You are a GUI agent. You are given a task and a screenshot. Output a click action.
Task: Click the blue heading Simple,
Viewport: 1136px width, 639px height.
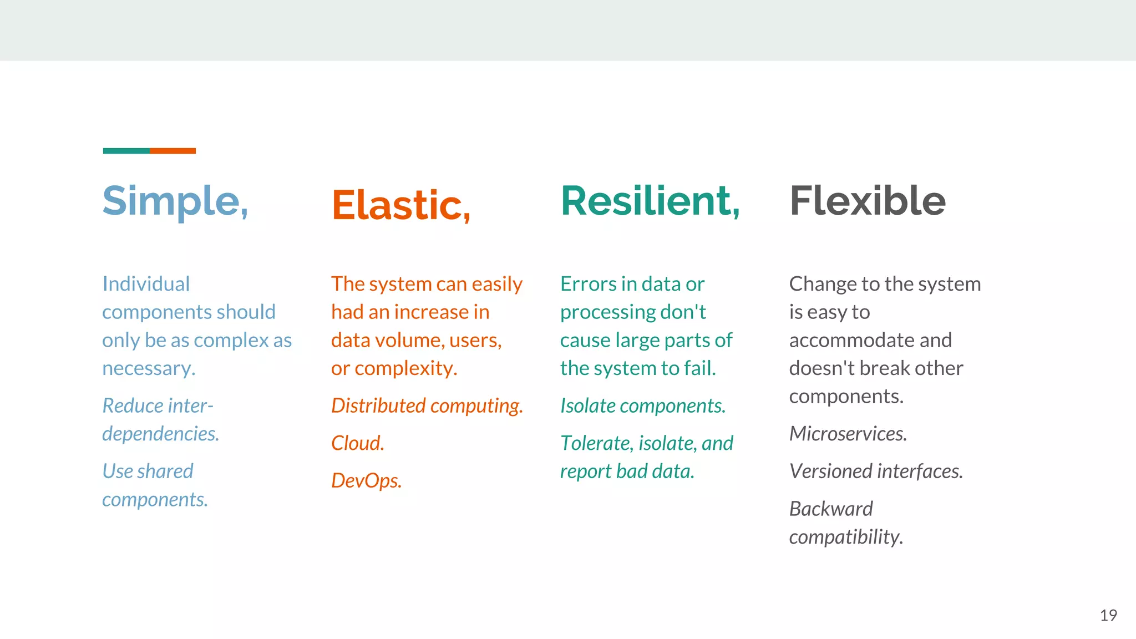[175, 201]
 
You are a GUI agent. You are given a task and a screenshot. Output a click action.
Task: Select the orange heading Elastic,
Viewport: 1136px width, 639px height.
[401, 205]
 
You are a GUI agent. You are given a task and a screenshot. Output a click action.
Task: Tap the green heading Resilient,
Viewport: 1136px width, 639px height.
[650, 201]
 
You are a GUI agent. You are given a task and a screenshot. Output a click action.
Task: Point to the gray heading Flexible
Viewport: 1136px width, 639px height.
[868, 201]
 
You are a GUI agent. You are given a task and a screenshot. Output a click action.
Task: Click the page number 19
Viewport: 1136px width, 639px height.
[1108, 615]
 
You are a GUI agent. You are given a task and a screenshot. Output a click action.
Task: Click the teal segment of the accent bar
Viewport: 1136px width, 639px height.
[126, 151]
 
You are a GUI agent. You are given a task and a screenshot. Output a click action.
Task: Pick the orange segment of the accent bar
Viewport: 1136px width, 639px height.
[173, 151]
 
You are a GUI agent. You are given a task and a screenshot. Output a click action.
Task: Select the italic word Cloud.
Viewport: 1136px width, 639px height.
[357, 443]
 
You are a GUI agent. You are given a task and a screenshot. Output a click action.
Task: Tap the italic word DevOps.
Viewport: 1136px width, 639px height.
[366, 480]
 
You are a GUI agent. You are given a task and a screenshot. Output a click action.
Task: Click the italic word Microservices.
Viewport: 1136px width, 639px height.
[848, 434]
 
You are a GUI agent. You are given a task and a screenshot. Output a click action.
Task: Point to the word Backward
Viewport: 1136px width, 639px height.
[830, 509]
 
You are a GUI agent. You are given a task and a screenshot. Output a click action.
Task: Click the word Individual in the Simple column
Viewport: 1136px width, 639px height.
[146, 284]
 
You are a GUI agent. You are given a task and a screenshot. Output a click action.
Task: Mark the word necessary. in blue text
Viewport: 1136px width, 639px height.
[149, 368]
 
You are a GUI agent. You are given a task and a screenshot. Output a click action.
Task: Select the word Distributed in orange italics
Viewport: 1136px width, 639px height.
[378, 406]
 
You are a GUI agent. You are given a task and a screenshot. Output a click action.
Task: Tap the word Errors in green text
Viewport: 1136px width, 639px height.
[588, 284]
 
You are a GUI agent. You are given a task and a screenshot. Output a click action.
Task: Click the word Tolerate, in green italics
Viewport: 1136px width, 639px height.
[597, 443]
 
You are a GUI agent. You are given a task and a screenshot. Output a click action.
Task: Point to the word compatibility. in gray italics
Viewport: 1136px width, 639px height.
[846, 537]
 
